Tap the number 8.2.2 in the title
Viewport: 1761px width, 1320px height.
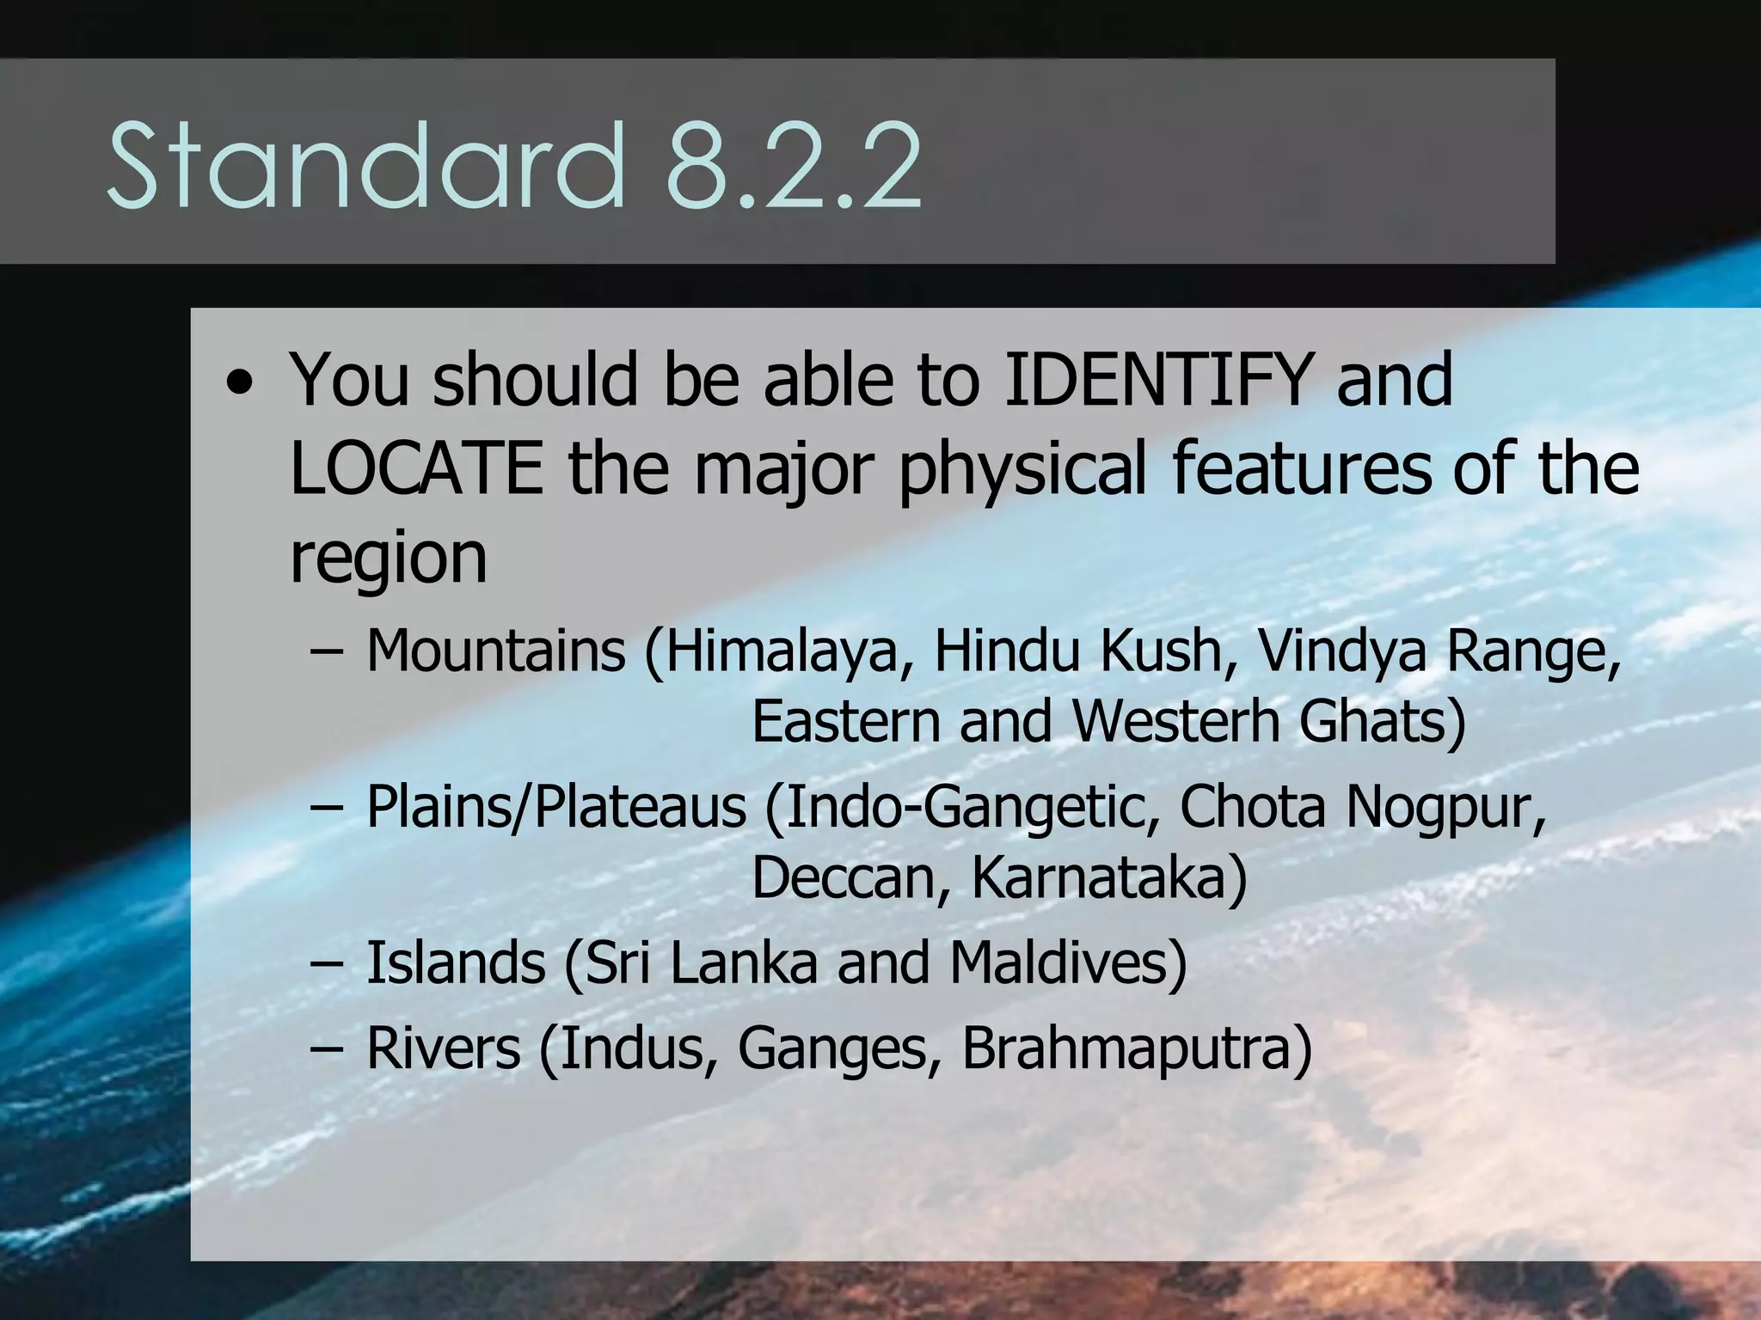coord(794,165)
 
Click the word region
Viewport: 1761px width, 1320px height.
coord(389,559)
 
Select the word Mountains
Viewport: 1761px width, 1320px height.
coord(496,651)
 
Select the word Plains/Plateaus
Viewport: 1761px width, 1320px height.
coord(556,808)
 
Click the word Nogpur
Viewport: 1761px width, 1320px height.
coord(1445,808)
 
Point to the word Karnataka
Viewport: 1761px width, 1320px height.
coord(1108,877)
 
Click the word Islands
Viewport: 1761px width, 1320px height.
coord(456,962)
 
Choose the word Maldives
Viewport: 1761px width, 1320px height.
coord(1067,962)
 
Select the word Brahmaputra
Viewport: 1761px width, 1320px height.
coord(1136,1048)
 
